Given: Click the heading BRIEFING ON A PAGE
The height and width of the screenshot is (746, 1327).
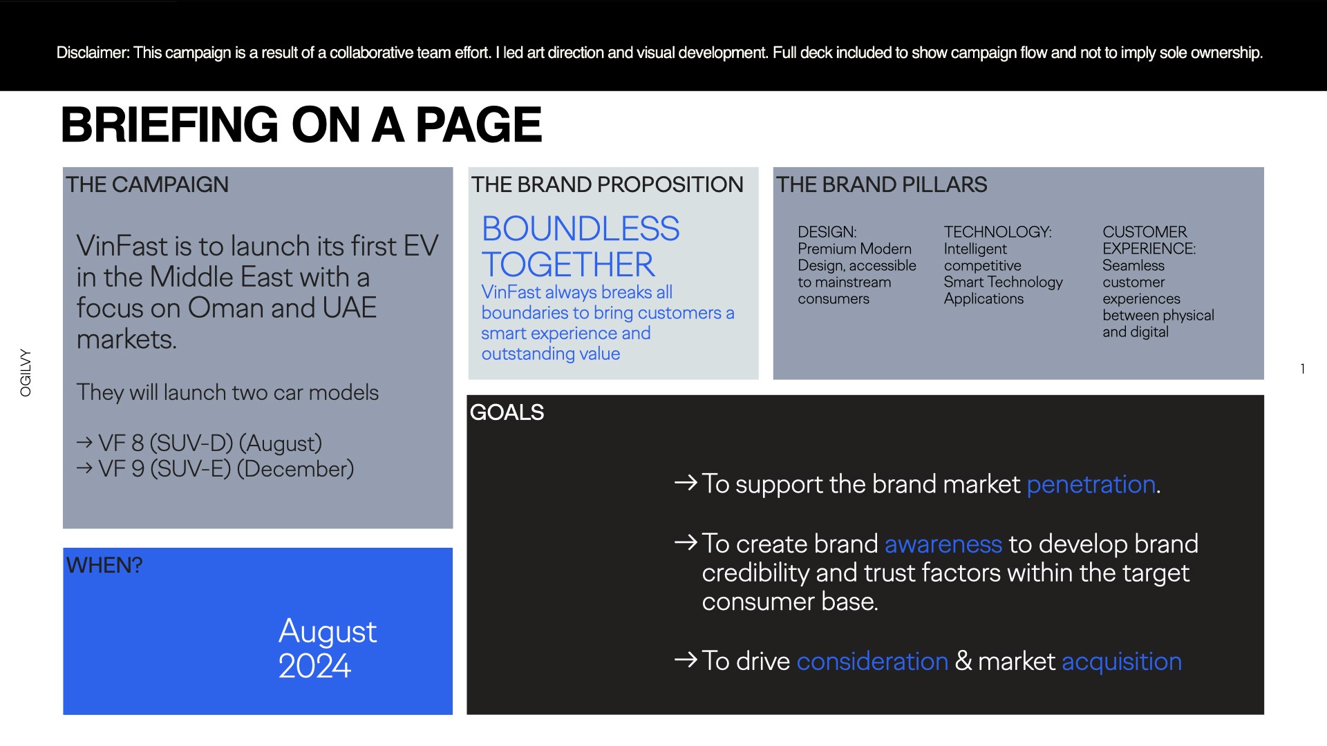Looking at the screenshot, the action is [x=301, y=125].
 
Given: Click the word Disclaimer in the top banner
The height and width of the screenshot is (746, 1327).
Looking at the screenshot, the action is [x=92, y=52].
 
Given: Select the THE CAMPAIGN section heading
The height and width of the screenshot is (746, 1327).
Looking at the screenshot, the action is [x=147, y=184].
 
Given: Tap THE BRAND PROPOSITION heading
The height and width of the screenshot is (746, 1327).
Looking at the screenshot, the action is [x=607, y=184].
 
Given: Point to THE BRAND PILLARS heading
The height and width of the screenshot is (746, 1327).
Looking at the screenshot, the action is [x=881, y=184].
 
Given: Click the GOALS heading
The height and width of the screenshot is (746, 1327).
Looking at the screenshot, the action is [x=507, y=412].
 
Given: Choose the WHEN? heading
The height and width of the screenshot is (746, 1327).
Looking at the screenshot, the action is [x=104, y=565].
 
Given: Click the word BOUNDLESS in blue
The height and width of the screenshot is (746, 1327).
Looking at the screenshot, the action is [x=581, y=229].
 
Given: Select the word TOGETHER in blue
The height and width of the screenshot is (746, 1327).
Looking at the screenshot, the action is [x=568, y=265].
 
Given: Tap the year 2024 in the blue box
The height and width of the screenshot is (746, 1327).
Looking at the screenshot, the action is [x=314, y=666].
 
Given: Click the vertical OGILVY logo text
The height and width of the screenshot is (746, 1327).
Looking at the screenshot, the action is [x=26, y=372].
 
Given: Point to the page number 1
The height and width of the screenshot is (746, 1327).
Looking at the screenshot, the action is [x=1303, y=369].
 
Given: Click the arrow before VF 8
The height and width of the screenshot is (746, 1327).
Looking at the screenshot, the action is [x=85, y=442].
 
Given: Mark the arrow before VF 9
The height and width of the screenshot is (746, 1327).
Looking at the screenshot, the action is [x=85, y=468].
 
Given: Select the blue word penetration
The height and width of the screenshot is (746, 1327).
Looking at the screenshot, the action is [x=1091, y=485].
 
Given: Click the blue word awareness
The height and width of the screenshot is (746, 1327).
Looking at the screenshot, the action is [x=943, y=544].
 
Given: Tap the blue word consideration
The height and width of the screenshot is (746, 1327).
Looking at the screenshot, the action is [x=872, y=662].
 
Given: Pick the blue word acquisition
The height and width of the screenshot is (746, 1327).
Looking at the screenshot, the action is [x=1122, y=662].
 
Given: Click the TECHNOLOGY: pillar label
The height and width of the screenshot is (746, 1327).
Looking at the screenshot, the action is [x=998, y=232].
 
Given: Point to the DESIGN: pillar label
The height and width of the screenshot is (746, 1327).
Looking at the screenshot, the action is [x=827, y=232].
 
